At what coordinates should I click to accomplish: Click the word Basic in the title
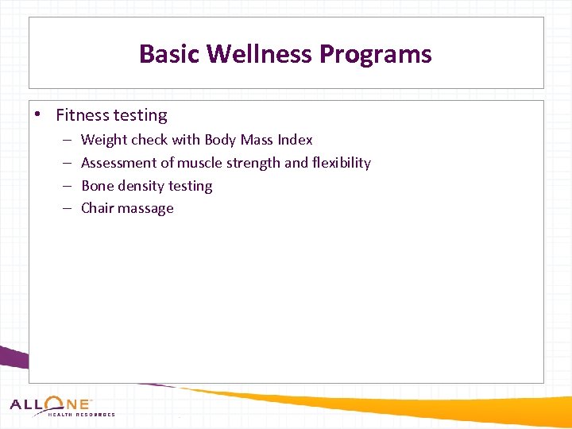(x=169, y=54)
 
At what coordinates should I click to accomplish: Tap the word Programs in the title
(x=375, y=54)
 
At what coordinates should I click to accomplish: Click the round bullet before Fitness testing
(x=37, y=114)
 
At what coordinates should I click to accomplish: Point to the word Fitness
(x=81, y=115)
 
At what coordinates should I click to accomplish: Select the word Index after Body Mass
(x=295, y=140)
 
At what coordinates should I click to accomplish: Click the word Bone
(x=98, y=186)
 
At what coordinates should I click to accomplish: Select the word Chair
(x=99, y=208)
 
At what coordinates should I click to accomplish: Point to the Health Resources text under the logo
(x=81, y=415)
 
